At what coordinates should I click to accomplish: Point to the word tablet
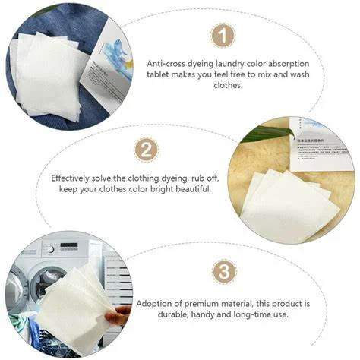point(159,75)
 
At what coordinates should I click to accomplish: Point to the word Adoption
point(156,303)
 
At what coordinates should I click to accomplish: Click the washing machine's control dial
point(50,248)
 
